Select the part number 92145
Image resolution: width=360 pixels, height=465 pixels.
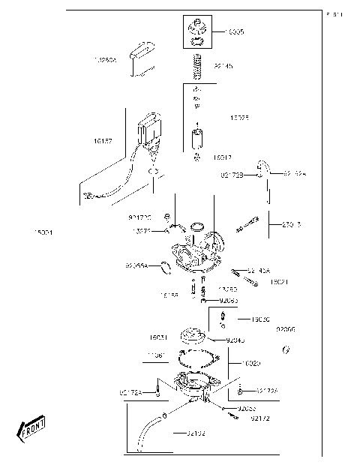click(x=223, y=66)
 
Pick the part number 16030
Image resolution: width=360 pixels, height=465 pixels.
click(x=261, y=319)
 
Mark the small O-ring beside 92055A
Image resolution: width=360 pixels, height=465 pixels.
click(x=163, y=264)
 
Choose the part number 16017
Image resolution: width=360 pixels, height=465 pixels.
click(x=222, y=157)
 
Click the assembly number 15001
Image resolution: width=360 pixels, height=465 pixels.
click(x=43, y=232)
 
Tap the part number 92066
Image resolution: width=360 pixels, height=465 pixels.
click(x=285, y=328)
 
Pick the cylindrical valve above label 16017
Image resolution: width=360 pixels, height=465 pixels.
click(x=196, y=139)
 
